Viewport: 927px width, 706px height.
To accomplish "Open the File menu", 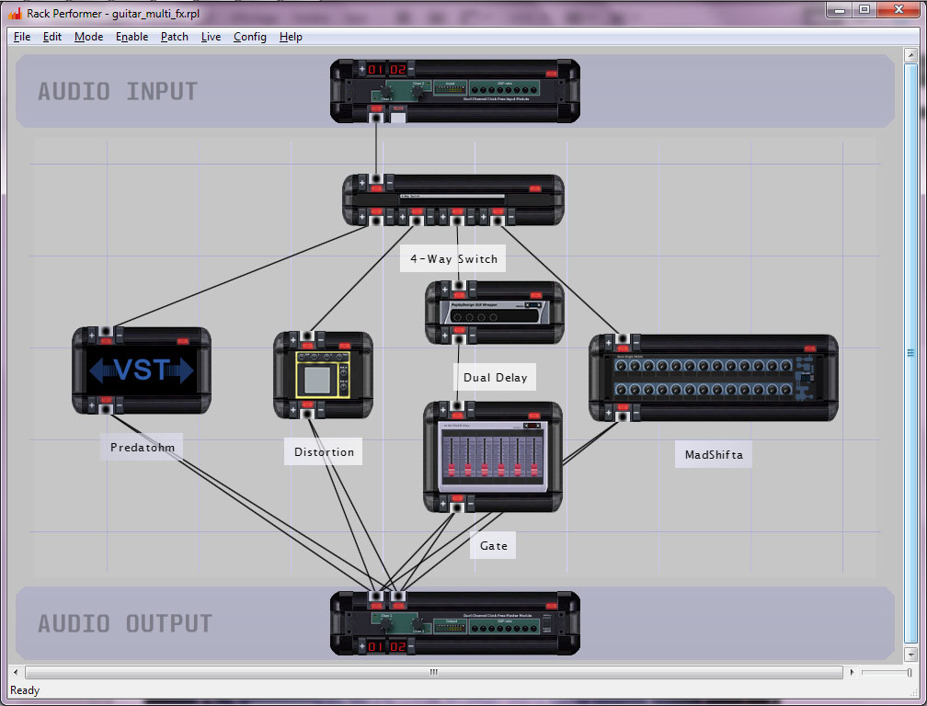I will point(22,37).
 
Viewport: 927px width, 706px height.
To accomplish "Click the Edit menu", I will point(52,37).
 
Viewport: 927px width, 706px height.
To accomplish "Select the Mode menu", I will point(88,37).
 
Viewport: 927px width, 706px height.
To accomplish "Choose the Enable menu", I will point(132,37).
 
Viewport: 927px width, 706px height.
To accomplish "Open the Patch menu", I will point(174,37).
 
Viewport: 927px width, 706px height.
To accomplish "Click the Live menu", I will point(211,37).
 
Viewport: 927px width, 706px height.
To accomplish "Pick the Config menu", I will point(249,37).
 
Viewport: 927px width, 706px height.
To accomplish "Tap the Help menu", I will point(291,37).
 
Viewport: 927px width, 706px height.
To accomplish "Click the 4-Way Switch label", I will point(454,259).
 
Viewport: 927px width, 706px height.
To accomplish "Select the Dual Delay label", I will point(496,377).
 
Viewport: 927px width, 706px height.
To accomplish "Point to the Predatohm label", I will point(142,448).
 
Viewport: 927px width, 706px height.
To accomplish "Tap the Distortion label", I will point(324,451).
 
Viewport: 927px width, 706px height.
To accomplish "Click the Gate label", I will point(493,545).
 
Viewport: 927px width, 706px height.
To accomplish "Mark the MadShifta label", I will point(714,454).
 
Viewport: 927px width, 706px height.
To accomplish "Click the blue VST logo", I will point(142,370).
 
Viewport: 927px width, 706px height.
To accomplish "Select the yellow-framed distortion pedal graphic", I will point(323,375).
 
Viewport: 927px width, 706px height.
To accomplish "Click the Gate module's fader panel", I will point(493,457).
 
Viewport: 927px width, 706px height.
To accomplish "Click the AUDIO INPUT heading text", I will point(118,92).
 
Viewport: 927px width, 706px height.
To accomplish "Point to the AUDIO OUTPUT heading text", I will point(125,623).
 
